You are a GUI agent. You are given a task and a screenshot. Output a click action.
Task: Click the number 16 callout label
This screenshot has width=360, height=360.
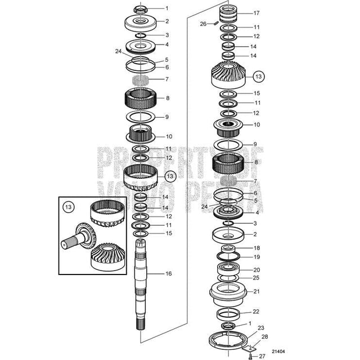click(x=168, y=273)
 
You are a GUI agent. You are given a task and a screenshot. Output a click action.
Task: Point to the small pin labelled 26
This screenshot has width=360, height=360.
click(x=214, y=23)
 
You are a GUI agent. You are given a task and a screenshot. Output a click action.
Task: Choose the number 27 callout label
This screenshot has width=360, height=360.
click(x=262, y=355)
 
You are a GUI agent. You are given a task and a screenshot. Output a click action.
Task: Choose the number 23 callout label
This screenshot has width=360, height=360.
click(x=261, y=328)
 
